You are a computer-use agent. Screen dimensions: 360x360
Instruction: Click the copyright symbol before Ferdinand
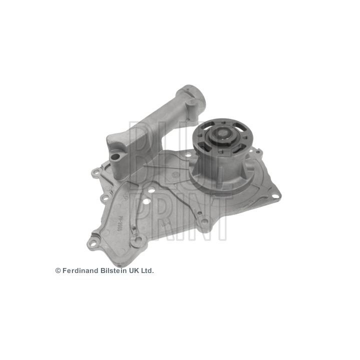point(58,270)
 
